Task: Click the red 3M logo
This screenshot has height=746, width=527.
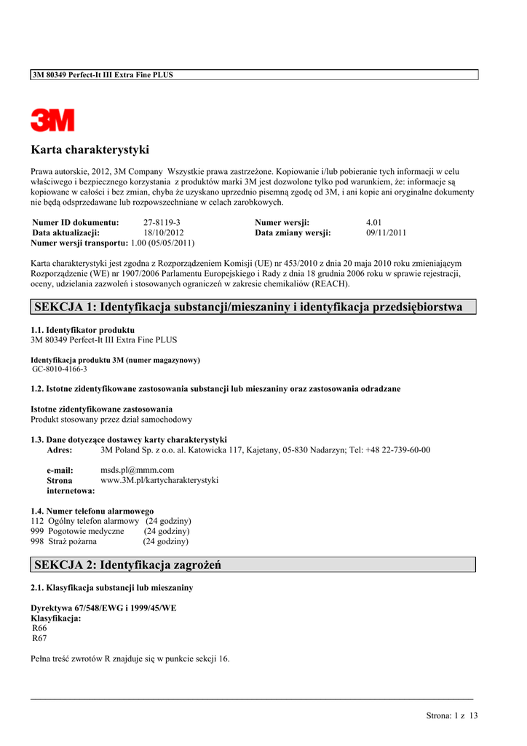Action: click(x=52, y=120)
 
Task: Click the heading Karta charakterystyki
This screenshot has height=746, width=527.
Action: click(x=90, y=150)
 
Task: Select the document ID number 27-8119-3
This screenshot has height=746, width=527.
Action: click(x=162, y=222)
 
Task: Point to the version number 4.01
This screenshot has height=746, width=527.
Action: click(x=374, y=222)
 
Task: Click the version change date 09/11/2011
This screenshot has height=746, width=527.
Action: click(x=386, y=233)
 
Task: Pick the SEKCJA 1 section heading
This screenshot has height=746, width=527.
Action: click(x=247, y=307)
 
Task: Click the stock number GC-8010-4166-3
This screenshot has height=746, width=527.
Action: click(x=59, y=369)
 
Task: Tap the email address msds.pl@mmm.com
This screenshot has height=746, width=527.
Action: click(x=137, y=470)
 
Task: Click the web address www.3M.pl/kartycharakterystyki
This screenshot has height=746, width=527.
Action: click(x=159, y=480)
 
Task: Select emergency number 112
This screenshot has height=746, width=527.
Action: click(x=37, y=521)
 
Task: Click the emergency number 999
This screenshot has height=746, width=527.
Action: click(x=37, y=531)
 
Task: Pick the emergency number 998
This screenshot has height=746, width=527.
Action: click(x=37, y=541)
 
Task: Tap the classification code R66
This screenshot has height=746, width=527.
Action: click(x=39, y=628)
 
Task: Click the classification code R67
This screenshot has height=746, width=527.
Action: click(x=39, y=638)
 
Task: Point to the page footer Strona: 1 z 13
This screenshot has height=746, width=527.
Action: click(x=451, y=715)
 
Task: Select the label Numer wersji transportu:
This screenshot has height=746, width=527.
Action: click(x=79, y=243)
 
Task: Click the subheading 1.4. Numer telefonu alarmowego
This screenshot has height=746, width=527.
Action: click(x=92, y=511)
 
